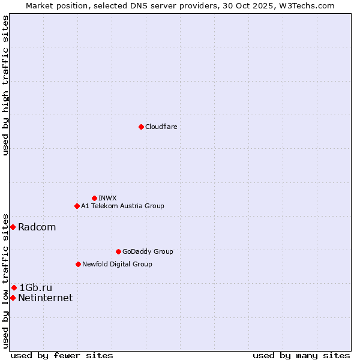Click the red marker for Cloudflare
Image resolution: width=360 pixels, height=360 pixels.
(141, 127)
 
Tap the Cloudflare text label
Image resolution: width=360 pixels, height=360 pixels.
(161, 127)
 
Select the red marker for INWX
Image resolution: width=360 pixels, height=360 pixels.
(94, 198)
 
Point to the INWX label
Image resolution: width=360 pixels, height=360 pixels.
(107, 198)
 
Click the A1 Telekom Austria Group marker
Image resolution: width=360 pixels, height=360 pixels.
(77, 206)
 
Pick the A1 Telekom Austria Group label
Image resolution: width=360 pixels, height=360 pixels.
(122, 206)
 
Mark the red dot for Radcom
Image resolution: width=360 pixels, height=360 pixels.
(13, 227)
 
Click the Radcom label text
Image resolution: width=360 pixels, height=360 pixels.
(37, 227)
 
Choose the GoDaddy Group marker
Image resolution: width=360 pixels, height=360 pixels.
(118, 251)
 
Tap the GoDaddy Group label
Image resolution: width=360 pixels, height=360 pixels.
(148, 251)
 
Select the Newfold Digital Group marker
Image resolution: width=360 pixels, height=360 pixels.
(78, 264)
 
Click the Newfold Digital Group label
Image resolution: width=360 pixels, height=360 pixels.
(117, 264)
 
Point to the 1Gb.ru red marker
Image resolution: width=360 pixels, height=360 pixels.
(14, 288)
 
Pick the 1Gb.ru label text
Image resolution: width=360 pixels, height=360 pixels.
(36, 288)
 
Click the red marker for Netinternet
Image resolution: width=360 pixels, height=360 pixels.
(13, 298)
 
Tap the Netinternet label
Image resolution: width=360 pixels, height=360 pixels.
(45, 298)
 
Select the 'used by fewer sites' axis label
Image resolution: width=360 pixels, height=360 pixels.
(62, 355)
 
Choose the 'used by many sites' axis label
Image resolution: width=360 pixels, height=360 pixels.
(301, 355)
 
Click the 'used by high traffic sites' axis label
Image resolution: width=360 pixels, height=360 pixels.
(6, 85)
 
